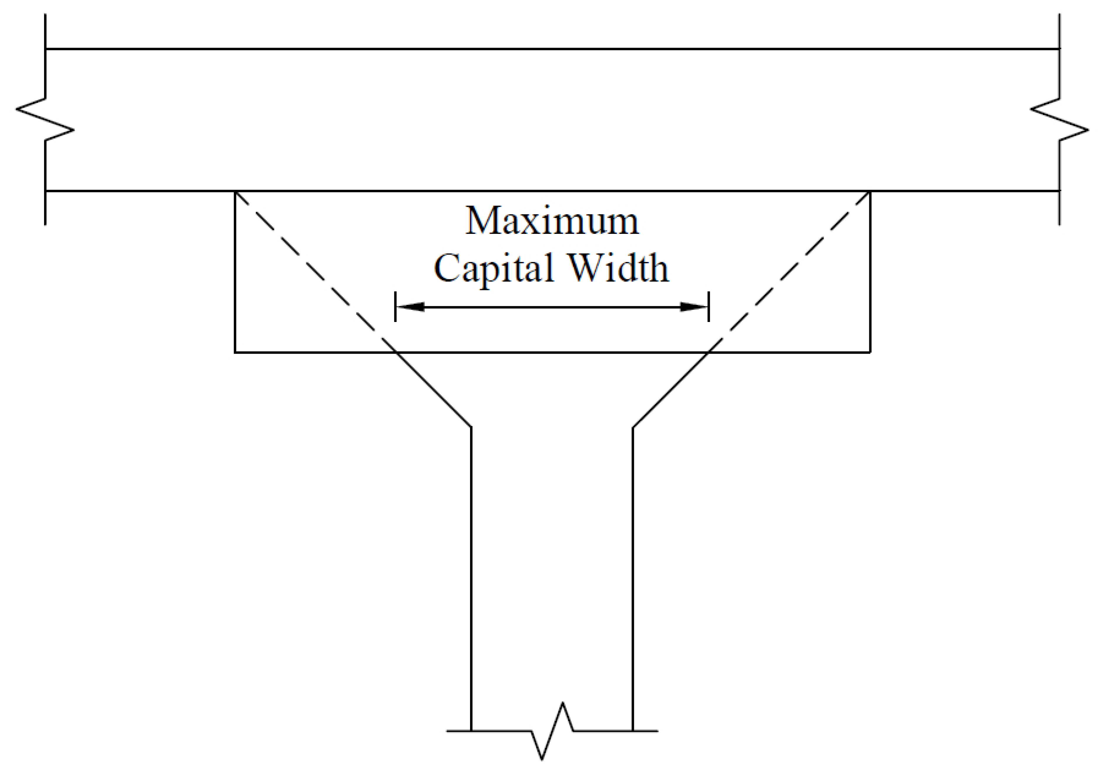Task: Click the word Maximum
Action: [x=552, y=221]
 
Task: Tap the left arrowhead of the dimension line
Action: [x=410, y=307]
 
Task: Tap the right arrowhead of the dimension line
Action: [x=694, y=307]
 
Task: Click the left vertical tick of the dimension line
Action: [x=395, y=306]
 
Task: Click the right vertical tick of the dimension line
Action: [x=709, y=306]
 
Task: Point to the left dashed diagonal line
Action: [x=308, y=264]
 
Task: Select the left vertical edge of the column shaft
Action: [x=471, y=577]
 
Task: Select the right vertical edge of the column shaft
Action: [x=632, y=577]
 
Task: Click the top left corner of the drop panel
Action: [x=235, y=192]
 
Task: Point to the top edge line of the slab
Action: [x=552, y=48]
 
